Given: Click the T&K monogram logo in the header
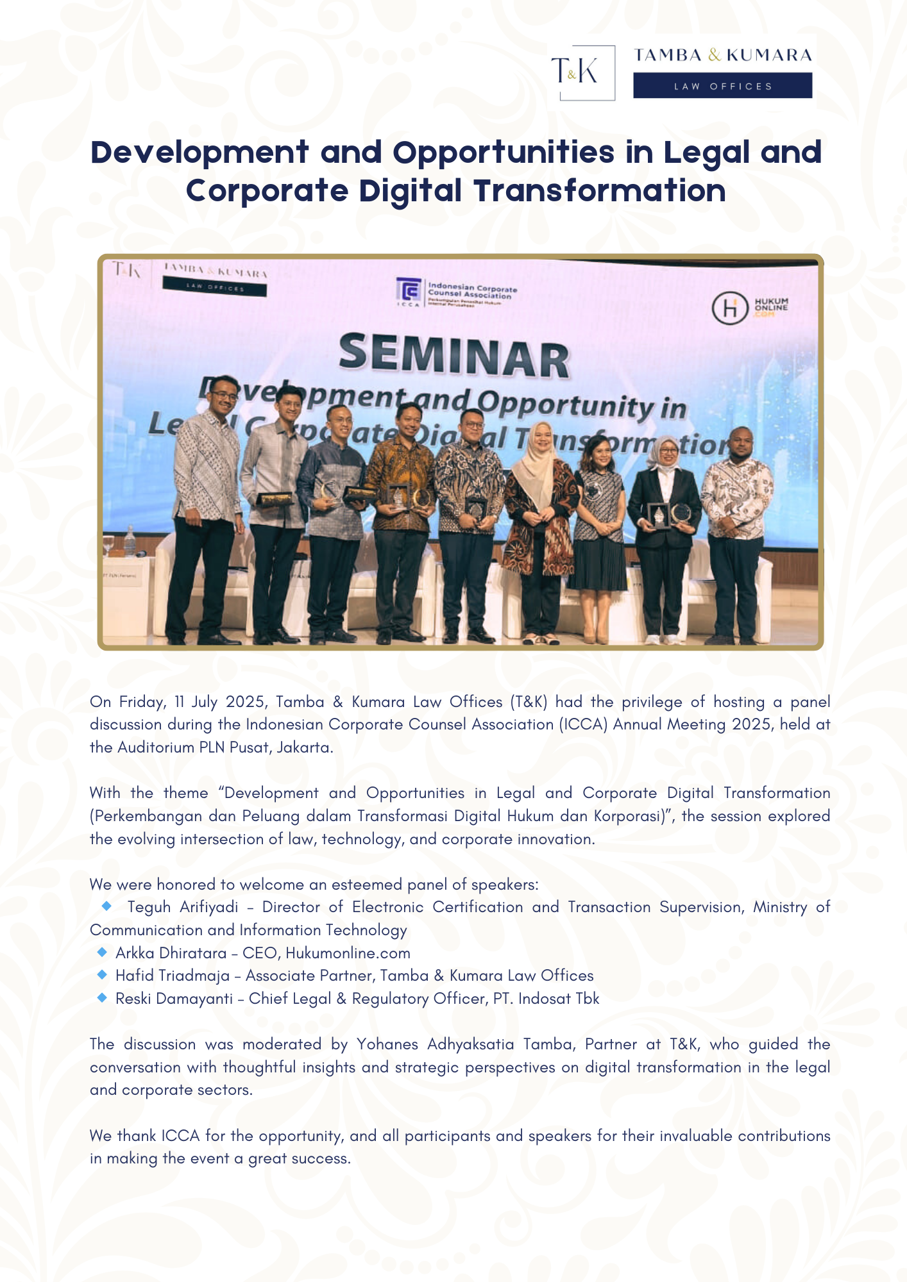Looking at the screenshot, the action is [582, 72].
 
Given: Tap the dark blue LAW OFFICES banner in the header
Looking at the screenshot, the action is [722, 85].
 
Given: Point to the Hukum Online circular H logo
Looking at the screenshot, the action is [730, 308].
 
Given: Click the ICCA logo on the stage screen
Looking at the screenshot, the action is [409, 292].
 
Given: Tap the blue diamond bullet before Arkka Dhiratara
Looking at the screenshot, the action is [102, 952].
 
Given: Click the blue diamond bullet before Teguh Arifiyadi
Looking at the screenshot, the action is [107, 906].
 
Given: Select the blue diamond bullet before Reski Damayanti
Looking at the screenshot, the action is [102, 997].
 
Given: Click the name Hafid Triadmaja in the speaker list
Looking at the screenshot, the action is [173, 976].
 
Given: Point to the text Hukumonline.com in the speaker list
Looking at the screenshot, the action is [348, 953].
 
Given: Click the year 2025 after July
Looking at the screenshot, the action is [245, 702].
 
